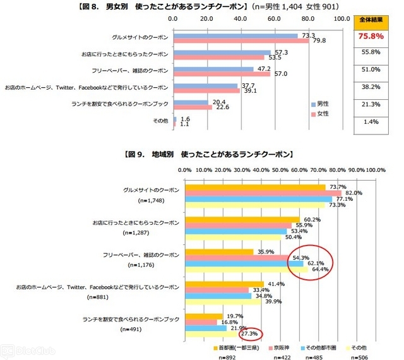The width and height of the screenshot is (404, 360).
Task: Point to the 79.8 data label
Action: coord(319,41)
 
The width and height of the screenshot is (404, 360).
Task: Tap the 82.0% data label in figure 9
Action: coord(353,193)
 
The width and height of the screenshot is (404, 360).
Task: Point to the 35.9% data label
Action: coord(263,251)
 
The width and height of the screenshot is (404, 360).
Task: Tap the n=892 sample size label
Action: coord(228,357)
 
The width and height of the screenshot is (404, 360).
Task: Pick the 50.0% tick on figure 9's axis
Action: coord(280,170)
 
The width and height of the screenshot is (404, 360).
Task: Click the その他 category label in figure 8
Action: coord(160,120)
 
